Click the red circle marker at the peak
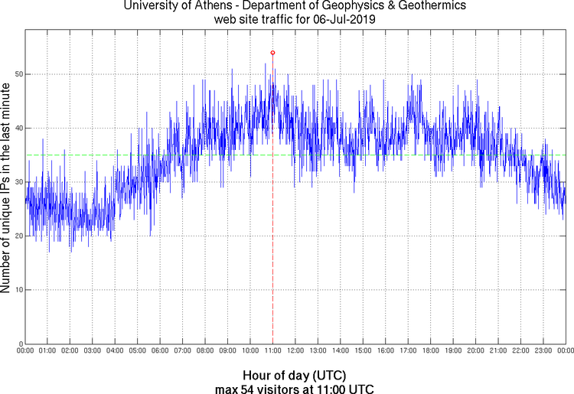(x=272, y=53)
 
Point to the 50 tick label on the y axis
(x=15, y=74)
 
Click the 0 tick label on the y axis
(x=18, y=344)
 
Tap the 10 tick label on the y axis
(x=15, y=290)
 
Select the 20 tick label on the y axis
(x=15, y=236)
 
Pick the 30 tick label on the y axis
(x=15, y=182)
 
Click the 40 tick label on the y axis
(x=15, y=128)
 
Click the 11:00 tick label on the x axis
(x=272, y=351)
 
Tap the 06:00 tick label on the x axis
(x=160, y=351)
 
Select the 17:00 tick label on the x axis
(x=408, y=351)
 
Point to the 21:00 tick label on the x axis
(x=498, y=351)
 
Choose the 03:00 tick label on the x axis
(x=92, y=351)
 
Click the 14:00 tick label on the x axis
(x=341, y=351)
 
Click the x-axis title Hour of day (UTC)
(x=295, y=376)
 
